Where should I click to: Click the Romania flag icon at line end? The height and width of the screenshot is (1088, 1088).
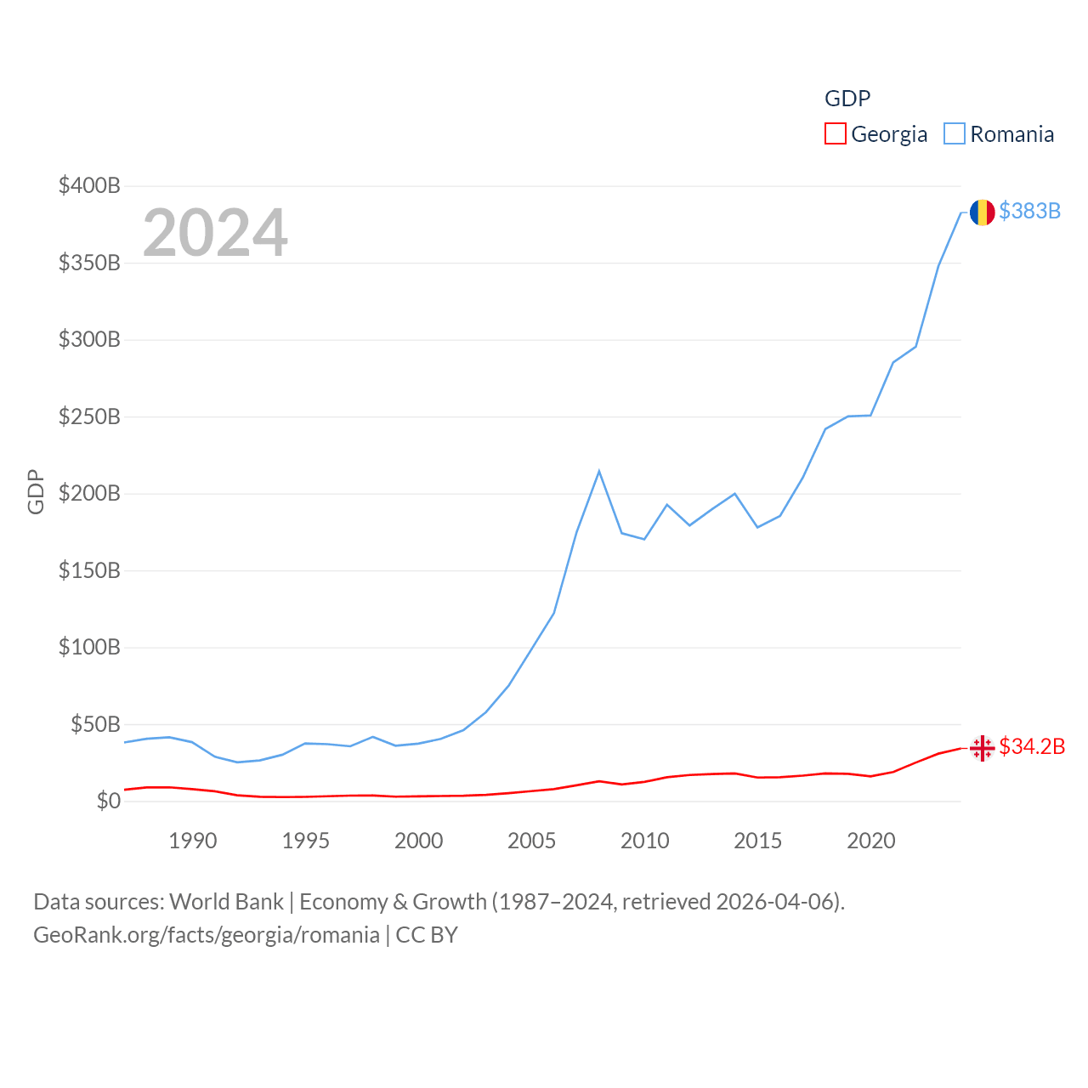point(982,212)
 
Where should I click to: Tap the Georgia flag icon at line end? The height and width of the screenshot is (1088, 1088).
point(982,748)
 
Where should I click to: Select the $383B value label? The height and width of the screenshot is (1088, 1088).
point(1029,211)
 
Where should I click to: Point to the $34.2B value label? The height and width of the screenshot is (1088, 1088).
point(1032,746)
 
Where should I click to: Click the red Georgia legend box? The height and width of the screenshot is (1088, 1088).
point(836,134)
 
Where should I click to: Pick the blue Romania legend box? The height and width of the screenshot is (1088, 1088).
point(955,134)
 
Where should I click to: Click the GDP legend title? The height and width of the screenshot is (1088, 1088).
point(847,99)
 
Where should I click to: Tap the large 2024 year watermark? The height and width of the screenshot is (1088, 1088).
point(215,233)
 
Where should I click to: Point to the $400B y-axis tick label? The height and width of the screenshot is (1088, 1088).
point(89,185)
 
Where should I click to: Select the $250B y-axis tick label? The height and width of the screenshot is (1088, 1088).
point(89,416)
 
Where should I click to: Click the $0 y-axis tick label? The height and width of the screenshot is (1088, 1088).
point(108,801)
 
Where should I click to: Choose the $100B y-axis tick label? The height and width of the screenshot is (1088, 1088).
point(89,647)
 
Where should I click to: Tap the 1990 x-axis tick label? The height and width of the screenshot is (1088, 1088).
point(193,841)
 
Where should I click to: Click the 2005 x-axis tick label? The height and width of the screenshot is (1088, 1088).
point(531,841)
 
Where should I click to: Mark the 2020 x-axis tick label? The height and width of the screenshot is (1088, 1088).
point(870,841)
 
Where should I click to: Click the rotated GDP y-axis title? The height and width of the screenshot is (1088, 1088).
point(36,491)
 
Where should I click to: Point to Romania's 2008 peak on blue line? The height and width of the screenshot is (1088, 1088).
point(599,471)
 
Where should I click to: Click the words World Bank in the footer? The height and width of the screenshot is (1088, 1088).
point(226,901)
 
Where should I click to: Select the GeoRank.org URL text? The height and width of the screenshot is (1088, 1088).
point(207,935)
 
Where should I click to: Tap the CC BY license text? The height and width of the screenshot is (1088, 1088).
point(427,935)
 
